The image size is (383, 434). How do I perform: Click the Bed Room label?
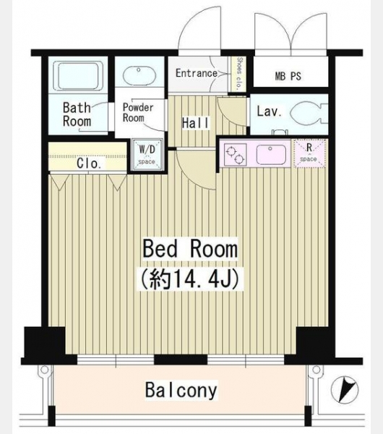pyautogui.click(x=190, y=249)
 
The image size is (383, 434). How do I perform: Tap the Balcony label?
pyautogui.click(x=181, y=390)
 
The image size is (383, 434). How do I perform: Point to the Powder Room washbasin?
pyautogui.click(x=139, y=75)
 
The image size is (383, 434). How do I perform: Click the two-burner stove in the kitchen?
pyautogui.click(x=235, y=155)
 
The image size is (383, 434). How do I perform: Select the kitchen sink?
pyautogui.click(x=271, y=155)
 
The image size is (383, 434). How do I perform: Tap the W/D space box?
pyautogui.click(x=147, y=154)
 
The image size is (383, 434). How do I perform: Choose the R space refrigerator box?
pyautogui.click(x=309, y=153)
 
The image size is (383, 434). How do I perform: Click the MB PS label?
pyautogui.click(x=288, y=76)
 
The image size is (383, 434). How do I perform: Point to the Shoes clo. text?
pyautogui.click(x=239, y=73)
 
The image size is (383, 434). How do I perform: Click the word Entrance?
pyautogui.click(x=197, y=73)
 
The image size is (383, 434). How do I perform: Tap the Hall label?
pyautogui.click(x=196, y=123)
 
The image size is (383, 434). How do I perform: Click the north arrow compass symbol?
pyautogui.click(x=345, y=389)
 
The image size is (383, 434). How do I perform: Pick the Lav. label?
pyautogui.click(x=269, y=111)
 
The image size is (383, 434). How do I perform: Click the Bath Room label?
pyautogui.click(x=77, y=114)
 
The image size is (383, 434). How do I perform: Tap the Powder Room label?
pyautogui.click(x=138, y=112)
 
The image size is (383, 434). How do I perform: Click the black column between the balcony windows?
pyautogui.click(x=181, y=359)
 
